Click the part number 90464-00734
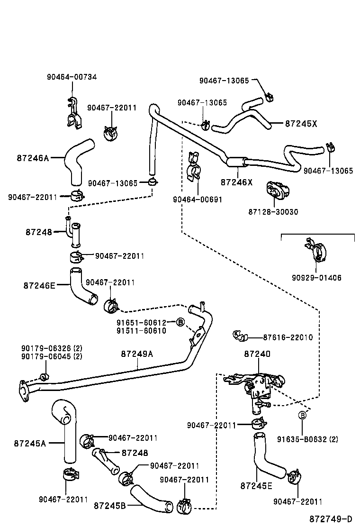[72, 77]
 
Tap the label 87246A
[33, 158]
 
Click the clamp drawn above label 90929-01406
[316, 252]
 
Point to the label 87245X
[301, 124]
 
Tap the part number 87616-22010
[288, 337]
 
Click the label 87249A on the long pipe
[137, 354]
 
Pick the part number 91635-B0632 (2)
[307, 439]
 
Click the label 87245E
[256, 486]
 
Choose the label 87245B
[109, 506]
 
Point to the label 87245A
[30, 444]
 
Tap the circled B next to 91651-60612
[180, 322]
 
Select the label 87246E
[39, 285]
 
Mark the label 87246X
[237, 182]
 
